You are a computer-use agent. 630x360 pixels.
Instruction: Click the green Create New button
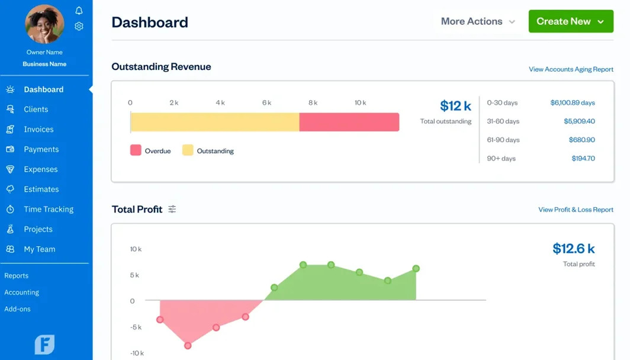(x=570, y=21)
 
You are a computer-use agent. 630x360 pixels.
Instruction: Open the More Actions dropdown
(x=477, y=21)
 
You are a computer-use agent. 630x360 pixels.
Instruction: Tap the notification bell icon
(x=79, y=11)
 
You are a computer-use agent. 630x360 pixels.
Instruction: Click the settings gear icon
(x=79, y=26)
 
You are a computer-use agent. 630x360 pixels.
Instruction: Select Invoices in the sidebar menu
(x=38, y=129)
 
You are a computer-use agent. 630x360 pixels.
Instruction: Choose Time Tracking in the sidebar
(x=49, y=209)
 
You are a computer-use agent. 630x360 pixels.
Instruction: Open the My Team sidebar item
(x=39, y=249)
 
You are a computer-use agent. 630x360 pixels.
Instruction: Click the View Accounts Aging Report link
(x=571, y=69)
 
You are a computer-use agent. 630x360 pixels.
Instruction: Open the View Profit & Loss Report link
(x=576, y=210)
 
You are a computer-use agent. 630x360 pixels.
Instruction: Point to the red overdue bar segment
(x=349, y=122)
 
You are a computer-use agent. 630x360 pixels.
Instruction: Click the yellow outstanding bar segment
(x=214, y=122)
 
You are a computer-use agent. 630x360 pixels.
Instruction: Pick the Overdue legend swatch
(x=136, y=150)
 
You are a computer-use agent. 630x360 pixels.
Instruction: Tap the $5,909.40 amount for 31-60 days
(x=579, y=121)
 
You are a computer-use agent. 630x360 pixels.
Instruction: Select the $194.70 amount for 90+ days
(x=583, y=159)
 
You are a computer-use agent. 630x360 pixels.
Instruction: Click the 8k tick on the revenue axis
(x=313, y=103)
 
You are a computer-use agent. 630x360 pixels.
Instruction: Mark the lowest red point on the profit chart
(x=188, y=345)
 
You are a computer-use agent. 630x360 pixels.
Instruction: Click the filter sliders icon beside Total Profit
(x=172, y=209)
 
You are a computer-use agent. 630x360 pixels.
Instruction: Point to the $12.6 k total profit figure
(x=573, y=249)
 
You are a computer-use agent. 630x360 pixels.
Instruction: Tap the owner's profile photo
(x=44, y=25)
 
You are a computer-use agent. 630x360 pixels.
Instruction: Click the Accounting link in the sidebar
(x=22, y=292)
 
